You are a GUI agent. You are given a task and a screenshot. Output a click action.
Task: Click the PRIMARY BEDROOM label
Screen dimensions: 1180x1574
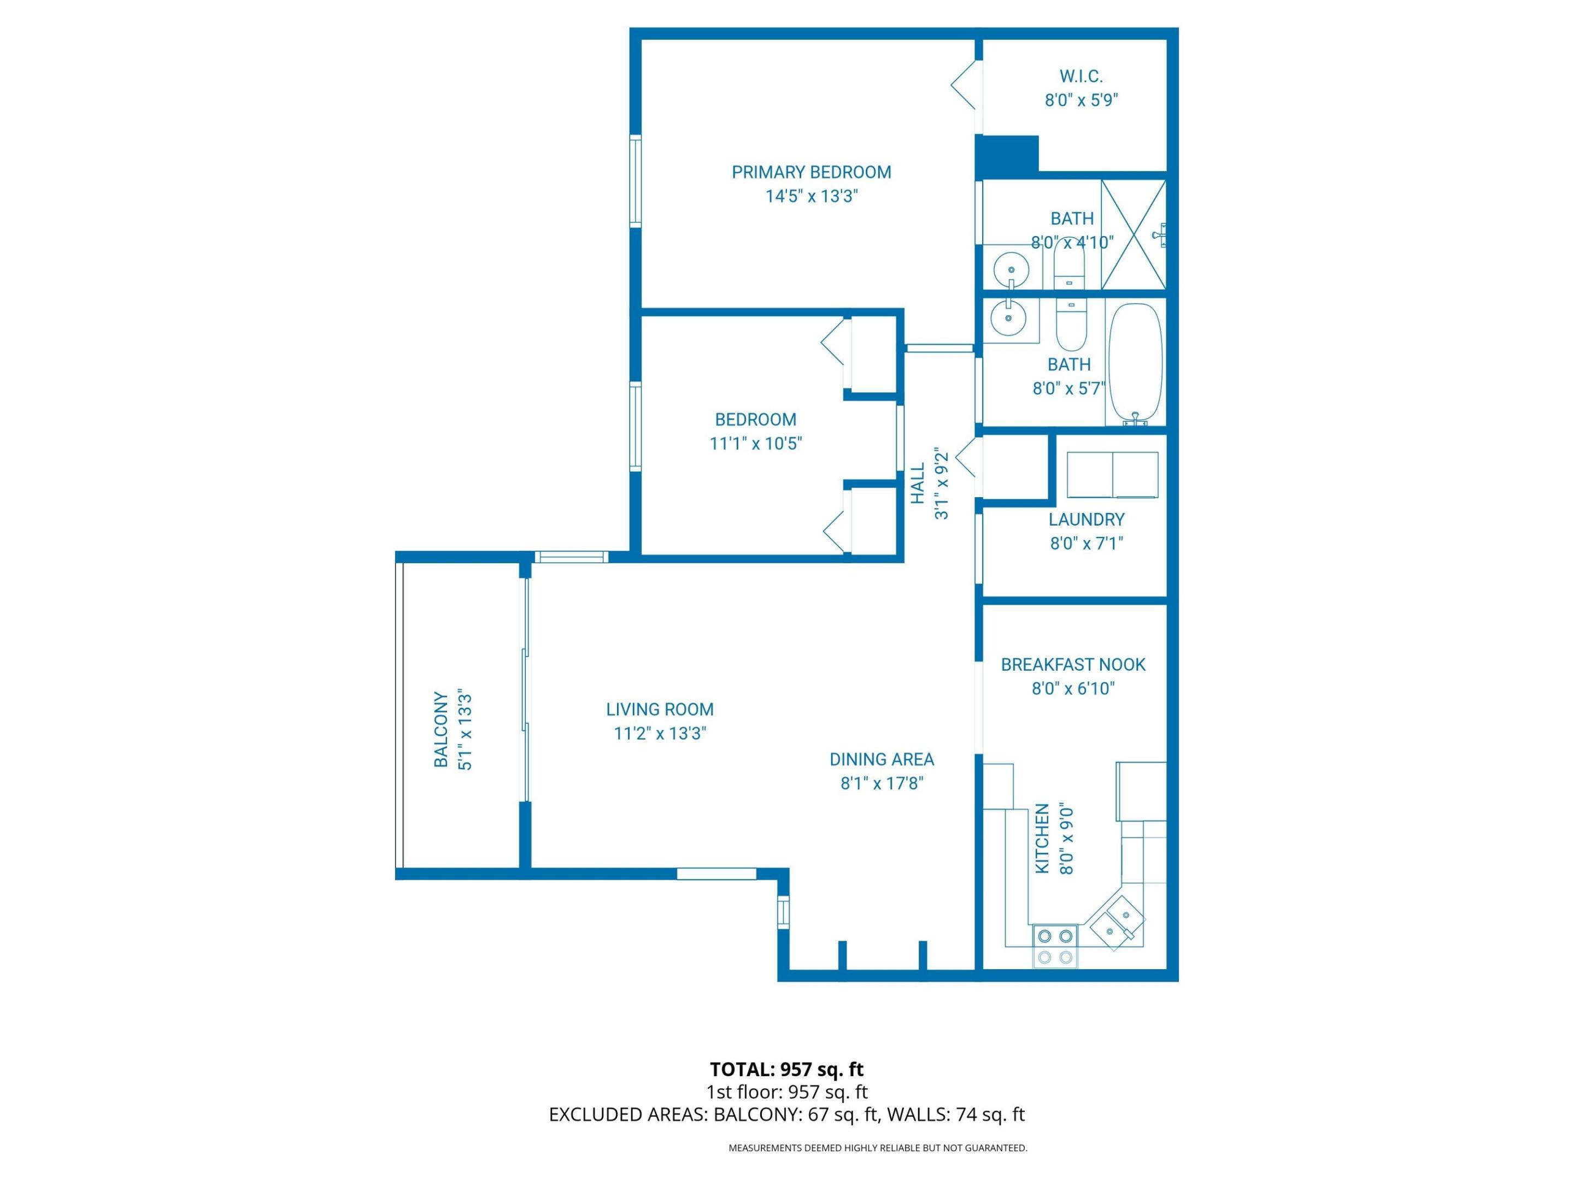pos(811,172)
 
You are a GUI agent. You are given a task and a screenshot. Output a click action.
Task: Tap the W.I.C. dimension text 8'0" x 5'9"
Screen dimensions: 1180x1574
pos(1081,101)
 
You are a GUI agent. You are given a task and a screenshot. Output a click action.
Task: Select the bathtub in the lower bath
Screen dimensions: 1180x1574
pos(1135,363)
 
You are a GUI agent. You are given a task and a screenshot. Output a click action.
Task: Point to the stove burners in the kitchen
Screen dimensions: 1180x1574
pos(1055,947)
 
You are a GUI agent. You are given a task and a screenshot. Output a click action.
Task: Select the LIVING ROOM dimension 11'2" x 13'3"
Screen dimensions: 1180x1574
pos(660,733)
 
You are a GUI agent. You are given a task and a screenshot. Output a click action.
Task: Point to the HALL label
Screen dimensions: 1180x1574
pos(918,483)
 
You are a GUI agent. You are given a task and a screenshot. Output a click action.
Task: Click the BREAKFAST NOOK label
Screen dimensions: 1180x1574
pos(1072,664)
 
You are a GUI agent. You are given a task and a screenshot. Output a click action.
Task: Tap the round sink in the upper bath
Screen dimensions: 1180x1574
pos(1011,270)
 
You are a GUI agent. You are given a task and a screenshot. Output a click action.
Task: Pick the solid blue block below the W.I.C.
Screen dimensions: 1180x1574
pos(1006,156)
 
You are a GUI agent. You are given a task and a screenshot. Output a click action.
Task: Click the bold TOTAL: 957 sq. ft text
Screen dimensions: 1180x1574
pos(786,1069)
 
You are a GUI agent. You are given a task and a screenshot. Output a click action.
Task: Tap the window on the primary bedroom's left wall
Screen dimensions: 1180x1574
pos(636,181)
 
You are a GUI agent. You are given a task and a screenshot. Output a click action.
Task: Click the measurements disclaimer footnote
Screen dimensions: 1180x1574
pos(877,1147)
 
